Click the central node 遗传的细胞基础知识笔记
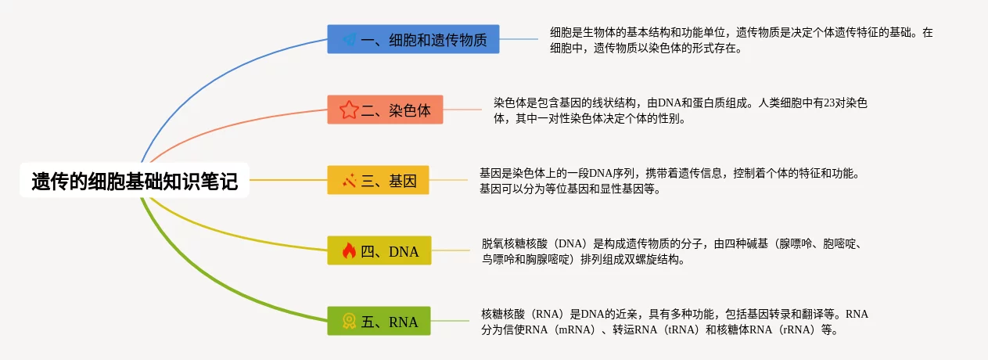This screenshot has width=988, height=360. [134, 181]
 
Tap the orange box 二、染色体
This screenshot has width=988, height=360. [385, 110]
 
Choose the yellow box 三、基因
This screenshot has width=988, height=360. [378, 181]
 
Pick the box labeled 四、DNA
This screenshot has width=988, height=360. [379, 251]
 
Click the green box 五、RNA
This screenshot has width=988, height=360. [379, 322]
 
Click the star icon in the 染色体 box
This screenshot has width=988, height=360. [349, 110]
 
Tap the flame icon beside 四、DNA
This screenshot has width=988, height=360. [349, 251]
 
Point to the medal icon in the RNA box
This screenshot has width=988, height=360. [349, 322]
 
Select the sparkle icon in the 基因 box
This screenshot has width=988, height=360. [349, 181]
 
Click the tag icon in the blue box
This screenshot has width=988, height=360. [349, 39]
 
